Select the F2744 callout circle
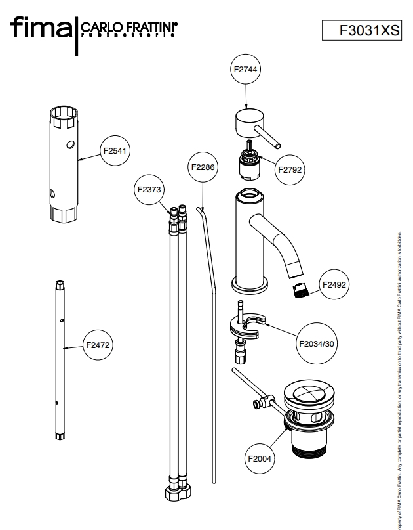point(245,70)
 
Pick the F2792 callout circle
point(288,169)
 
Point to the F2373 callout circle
point(149,189)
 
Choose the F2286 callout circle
point(203,167)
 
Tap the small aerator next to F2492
point(301,289)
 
